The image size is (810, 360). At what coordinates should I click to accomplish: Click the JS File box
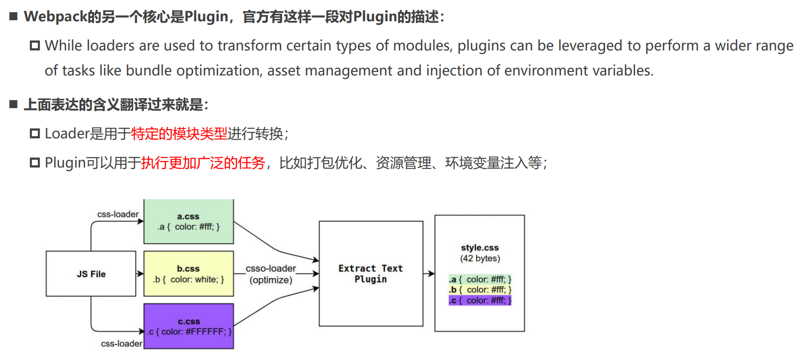point(91,274)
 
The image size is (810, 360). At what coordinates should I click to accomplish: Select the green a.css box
point(189,222)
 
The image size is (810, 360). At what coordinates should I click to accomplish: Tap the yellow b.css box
point(189,274)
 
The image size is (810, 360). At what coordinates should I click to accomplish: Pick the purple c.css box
point(189,326)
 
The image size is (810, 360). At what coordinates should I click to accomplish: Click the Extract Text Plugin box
point(371,273)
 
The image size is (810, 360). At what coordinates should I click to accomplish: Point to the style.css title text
point(480,248)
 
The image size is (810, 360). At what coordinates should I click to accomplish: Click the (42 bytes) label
point(480,258)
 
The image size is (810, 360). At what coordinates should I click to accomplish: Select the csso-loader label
point(271,268)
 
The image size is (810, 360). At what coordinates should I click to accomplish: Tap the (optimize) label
point(271,280)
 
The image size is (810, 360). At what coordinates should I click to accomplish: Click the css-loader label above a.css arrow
point(118,214)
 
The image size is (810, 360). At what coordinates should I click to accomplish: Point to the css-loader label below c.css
point(122,343)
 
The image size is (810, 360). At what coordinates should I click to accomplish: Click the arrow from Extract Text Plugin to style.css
point(429,273)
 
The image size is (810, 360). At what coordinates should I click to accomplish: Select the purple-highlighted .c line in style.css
point(480,301)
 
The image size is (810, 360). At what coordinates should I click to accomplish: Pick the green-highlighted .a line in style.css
point(480,279)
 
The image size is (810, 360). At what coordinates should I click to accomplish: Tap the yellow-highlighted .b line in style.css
point(480,290)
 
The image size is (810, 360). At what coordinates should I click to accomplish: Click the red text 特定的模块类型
point(179,134)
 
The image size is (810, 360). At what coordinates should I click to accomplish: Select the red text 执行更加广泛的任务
point(203,163)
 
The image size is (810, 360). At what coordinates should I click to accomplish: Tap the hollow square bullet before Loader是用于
point(35,134)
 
